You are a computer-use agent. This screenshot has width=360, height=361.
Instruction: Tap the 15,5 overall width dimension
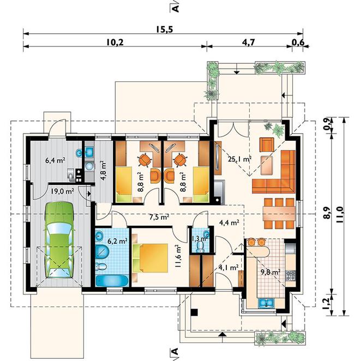click(164, 29)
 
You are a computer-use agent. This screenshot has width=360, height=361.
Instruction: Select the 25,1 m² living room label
click(239, 159)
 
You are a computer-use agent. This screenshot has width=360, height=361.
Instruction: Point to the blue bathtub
click(111, 281)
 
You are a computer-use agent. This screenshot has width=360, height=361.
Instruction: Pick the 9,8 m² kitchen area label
click(271, 272)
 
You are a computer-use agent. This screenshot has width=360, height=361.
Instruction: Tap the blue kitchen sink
click(267, 303)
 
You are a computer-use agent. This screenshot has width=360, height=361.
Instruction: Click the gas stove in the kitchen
click(290, 275)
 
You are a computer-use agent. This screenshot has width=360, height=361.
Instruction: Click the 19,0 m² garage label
click(62, 191)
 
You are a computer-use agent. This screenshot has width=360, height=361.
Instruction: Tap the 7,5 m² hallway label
click(159, 217)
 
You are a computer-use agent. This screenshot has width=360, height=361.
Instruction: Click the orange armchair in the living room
click(267, 145)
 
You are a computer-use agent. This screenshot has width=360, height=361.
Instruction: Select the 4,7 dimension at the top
click(249, 42)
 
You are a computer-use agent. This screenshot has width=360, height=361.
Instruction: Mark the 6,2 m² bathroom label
click(118, 241)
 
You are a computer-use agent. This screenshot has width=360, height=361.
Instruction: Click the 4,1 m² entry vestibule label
click(228, 268)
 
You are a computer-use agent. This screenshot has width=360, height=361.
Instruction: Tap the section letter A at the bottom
click(175, 352)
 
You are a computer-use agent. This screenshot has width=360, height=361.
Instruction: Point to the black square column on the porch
click(194, 312)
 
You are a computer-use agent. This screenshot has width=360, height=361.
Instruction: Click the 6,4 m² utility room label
click(55, 160)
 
